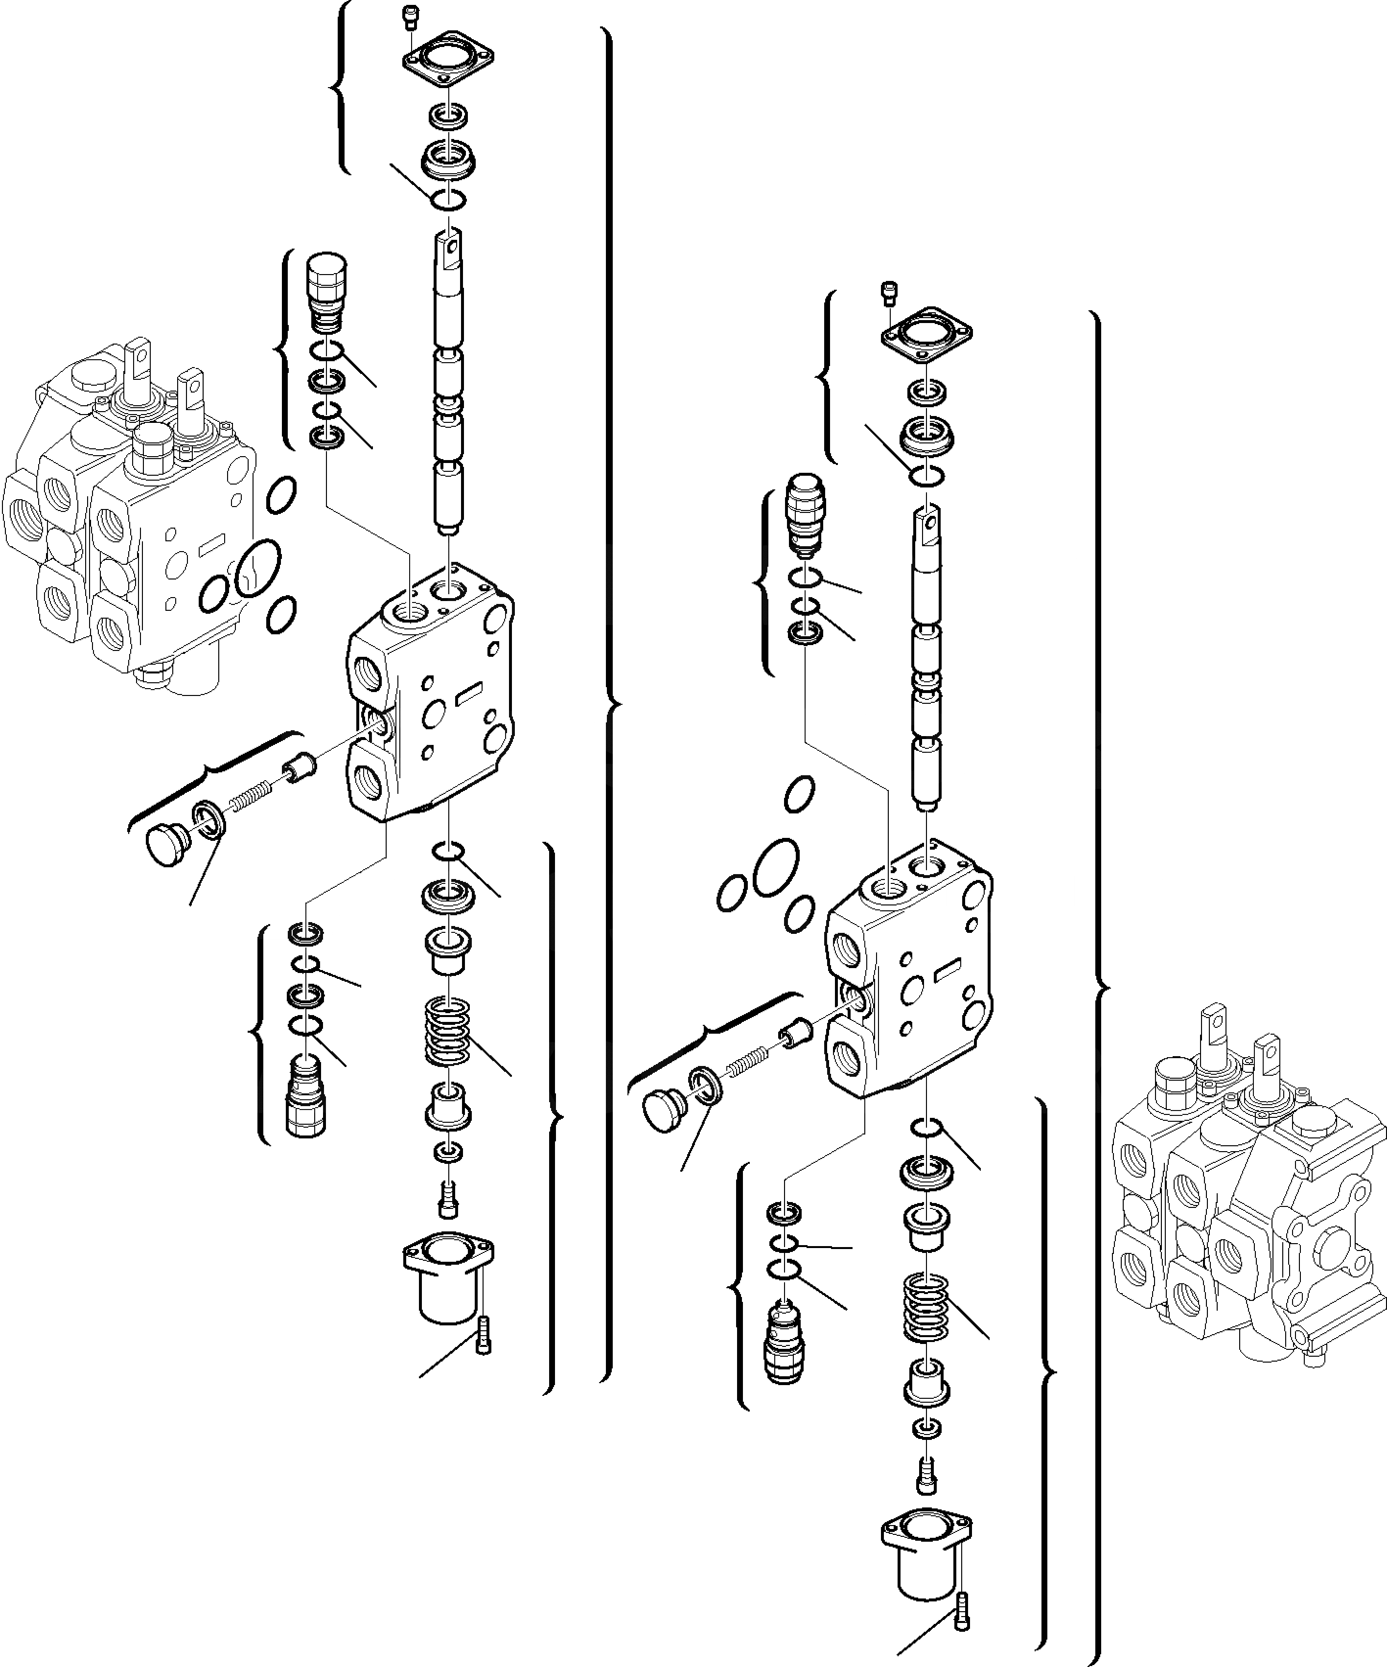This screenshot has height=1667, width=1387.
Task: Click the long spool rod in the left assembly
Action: [449, 381]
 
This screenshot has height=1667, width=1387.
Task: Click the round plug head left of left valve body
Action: [165, 845]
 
